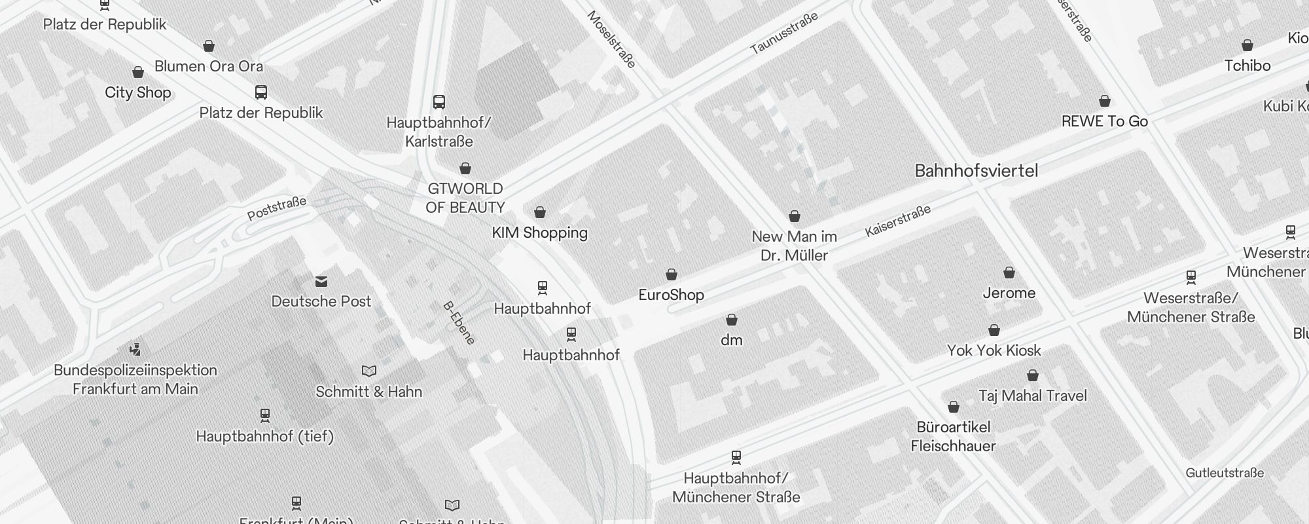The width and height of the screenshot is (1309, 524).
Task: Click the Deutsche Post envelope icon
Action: [x=321, y=282]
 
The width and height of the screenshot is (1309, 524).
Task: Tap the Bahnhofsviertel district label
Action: [x=976, y=171]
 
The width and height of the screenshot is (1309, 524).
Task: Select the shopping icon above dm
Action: [x=732, y=320]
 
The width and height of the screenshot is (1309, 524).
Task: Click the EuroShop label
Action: [x=671, y=295]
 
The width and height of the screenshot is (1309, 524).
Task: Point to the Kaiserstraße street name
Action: [x=897, y=221]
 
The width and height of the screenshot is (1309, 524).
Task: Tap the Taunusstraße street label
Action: [x=783, y=33]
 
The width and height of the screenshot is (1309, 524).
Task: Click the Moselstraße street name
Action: [x=611, y=39]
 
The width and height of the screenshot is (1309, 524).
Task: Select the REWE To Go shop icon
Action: [x=1105, y=101]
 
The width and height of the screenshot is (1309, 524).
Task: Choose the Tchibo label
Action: [x=1247, y=65]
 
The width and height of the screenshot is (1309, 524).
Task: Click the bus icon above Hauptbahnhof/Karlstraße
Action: [x=439, y=102]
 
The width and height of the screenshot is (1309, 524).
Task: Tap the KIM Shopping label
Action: [x=539, y=233]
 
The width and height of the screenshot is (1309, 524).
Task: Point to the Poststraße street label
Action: [x=276, y=208]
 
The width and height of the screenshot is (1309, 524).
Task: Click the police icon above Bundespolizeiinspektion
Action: [x=135, y=349]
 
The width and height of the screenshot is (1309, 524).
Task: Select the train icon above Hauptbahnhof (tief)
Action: [x=265, y=415]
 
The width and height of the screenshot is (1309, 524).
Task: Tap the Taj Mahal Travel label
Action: [x=1032, y=396]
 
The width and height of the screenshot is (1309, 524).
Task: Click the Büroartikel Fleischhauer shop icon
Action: [x=954, y=407]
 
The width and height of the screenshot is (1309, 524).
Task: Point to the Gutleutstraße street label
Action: [x=1224, y=473]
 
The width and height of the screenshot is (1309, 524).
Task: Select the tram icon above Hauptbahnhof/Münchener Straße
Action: [x=736, y=457]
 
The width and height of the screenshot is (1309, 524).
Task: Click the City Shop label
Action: [x=137, y=92]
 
